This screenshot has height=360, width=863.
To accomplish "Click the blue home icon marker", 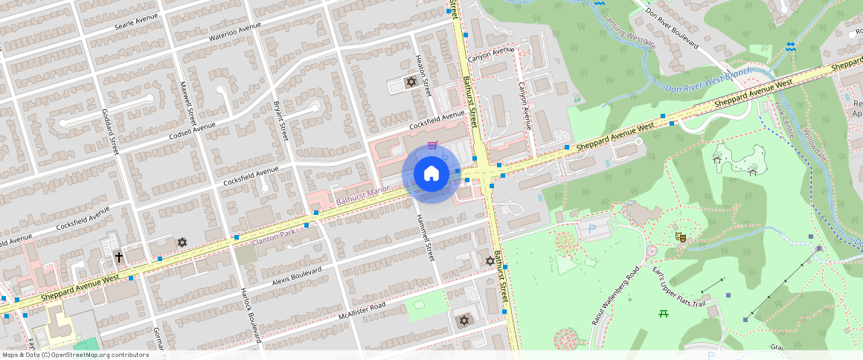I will (x=431, y=173).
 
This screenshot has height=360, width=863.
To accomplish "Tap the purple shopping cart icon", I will (x=432, y=144).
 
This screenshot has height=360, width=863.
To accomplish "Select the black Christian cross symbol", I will (x=118, y=257).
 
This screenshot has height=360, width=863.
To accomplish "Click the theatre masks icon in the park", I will (x=679, y=237).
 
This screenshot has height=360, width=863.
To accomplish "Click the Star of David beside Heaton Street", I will (x=410, y=82).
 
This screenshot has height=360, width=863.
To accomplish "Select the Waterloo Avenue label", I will (x=235, y=31).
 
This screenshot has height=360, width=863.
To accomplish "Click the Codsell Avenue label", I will (x=192, y=129).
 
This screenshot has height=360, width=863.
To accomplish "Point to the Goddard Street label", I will (x=110, y=132).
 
